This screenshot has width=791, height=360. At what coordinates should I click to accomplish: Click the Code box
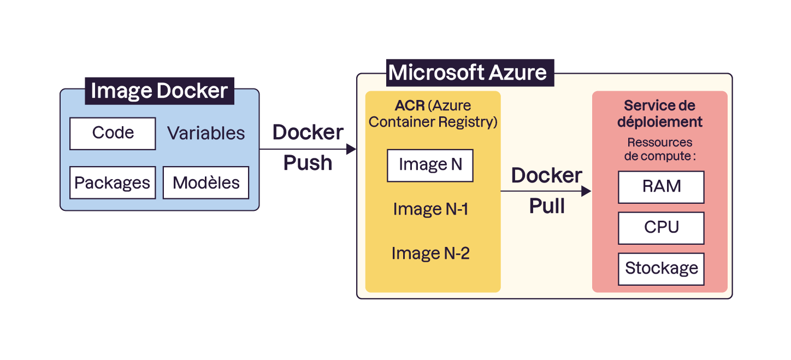pyautogui.click(x=113, y=133)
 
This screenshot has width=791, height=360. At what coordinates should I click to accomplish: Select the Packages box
pyautogui.click(x=113, y=182)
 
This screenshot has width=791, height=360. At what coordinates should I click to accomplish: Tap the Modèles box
pyautogui.click(x=206, y=182)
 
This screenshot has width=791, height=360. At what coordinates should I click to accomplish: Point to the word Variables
pyautogui.click(x=206, y=133)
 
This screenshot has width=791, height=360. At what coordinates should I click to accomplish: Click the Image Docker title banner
pyautogui.click(x=159, y=91)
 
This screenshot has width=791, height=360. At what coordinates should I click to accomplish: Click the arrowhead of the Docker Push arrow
pyautogui.click(x=351, y=149)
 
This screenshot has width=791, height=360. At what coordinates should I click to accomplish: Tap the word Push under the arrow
pyautogui.click(x=308, y=163)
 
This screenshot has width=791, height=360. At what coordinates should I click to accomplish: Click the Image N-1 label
pyautogui.click(x=430, y=209)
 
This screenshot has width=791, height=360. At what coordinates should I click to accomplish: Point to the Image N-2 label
pyautogui.click(x=430, y=253)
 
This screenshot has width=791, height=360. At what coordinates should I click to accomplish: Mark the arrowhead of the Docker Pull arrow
pyautogui.click(x=586, y=191)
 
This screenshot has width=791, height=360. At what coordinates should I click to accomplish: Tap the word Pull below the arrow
pyautogui.click(x=546, y=206)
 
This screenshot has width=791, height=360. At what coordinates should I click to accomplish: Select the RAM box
pyautogui.click(x=661, y=187)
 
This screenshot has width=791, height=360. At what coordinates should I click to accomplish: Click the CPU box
pyautogui.click(x=661, y=228)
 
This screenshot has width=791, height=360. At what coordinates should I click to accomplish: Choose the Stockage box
pyautogui.click(x=661, y=269)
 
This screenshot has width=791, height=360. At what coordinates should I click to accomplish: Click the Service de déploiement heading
pyautogui.click(x=659, y=114)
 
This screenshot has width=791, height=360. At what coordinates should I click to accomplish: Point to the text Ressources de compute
pyautogui.click(x=659, y=149)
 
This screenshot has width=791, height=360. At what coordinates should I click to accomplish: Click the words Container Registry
pyautogui.click(x=433, y=122)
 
